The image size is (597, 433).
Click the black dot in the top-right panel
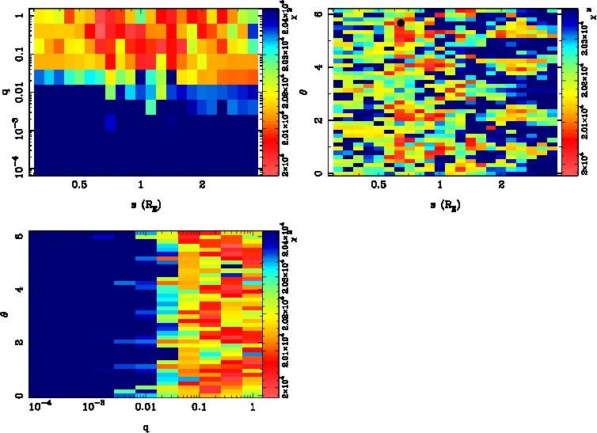coord(401,23)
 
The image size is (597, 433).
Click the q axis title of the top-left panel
coord(6,92)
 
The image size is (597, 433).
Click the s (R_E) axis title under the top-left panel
coord(141,203)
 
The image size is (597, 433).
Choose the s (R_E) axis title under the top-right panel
coord(441,203)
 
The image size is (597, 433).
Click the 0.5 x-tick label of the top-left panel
coord(79,186)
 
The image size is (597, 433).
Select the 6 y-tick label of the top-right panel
coord(317,14)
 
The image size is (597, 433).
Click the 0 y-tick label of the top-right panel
coord(317,173)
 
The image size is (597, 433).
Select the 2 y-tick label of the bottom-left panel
coord(17,342)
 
